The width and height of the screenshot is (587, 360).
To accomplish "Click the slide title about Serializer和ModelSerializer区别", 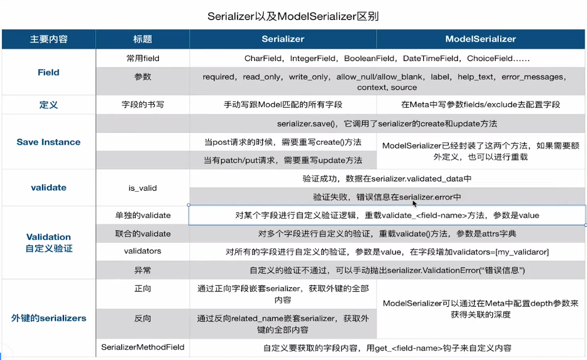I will [x=293, y=16].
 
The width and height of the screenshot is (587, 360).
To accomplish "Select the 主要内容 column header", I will [x=49, y=39].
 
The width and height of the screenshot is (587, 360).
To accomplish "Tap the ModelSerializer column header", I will [x=480, y=39].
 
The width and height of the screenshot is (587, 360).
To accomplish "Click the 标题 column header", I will [x=143, y=39].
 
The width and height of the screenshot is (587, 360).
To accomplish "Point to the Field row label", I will [x=49, y=72].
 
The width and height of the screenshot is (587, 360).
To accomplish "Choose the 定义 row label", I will [x=49, y=105].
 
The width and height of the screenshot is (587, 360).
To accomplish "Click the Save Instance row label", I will [x=49, y=142].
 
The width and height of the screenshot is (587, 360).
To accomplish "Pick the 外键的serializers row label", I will [x=49, y=318].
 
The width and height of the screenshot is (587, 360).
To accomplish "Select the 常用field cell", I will [x=143, y=58].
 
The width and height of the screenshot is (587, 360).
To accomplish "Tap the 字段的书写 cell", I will [x=143, y=105].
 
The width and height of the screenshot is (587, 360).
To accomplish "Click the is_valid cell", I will [x=143, y=188].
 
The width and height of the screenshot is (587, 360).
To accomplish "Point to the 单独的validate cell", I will [x=143, y=215].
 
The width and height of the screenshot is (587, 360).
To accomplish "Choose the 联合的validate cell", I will [x=143, y=233].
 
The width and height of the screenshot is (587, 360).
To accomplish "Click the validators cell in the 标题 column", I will [x=143, y=252].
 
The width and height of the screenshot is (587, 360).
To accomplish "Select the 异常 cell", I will [x=143, y=270].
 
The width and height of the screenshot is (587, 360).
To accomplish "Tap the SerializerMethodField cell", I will [x=143, y=348].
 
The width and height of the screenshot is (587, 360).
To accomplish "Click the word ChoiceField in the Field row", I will [x=489, y=58].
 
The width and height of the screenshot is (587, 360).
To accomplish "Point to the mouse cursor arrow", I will [x=415, y=204].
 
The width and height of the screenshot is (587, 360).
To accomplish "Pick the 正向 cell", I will [x=143, y=289].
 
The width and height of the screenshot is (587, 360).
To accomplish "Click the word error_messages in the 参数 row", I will [x=532, y=77].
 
